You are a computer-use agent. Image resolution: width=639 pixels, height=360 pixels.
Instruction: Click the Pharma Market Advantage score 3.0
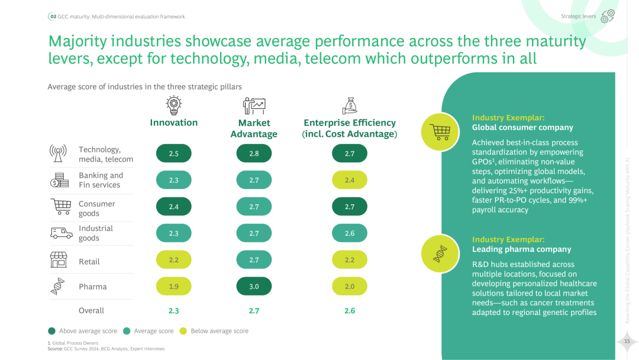(254, 286)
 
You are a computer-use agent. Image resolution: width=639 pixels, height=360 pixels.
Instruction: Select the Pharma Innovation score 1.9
(173, 286)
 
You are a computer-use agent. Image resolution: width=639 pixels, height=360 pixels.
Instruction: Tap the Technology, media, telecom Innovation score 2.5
(173, 153)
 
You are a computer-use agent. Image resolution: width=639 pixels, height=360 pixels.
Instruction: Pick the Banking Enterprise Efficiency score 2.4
(350, 180)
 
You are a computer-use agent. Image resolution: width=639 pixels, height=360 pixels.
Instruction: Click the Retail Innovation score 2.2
(173, 259)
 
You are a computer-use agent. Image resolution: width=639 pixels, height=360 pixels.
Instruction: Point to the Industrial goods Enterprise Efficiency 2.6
(350, 233)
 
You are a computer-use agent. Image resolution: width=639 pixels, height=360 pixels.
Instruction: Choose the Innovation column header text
(173, 123)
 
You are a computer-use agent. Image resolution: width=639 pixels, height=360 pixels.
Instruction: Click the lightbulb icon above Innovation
(173, 105)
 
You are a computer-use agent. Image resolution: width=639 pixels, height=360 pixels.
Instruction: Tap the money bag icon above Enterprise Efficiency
(350, 105)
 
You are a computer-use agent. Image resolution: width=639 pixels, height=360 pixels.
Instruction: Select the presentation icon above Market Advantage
(254, 105)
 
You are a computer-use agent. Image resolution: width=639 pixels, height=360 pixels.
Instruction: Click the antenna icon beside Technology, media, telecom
(58, 153)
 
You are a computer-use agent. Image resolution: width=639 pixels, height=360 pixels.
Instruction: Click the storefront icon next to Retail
(58, 259)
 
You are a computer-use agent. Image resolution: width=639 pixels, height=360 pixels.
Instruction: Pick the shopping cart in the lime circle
(440, 131)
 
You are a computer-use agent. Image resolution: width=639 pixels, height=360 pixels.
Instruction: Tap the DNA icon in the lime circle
(440, 253)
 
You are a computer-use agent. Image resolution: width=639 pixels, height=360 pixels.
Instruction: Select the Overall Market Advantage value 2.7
(254, 310)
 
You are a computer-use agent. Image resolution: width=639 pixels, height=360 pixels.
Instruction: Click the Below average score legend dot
(183, 331)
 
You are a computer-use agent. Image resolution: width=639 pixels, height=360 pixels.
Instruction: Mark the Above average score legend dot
(51, 331)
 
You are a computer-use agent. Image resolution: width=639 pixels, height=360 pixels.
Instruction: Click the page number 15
(627, 340)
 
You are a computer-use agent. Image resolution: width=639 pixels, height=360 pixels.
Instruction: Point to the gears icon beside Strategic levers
(608, 16)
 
